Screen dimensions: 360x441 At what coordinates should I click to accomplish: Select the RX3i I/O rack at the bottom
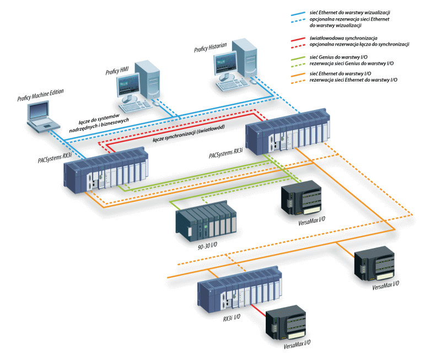click(x=238, y=290)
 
